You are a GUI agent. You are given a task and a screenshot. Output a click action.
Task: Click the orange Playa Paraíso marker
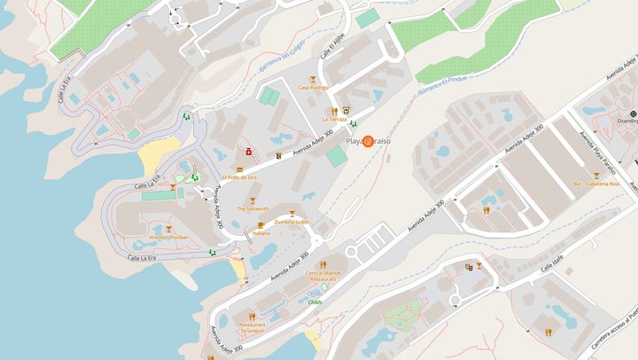point(369,141)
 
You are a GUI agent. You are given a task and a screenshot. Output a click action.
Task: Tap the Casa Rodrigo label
point(313,88)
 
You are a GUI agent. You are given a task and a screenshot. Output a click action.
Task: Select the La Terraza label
point(334,118)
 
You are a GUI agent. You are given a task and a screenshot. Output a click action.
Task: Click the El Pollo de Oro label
point(239,177)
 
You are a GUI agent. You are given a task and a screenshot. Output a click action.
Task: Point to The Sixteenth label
point(252,208)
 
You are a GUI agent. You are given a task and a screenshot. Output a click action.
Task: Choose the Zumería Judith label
point(292,222)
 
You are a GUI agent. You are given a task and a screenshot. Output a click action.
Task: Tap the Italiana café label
point(261,233)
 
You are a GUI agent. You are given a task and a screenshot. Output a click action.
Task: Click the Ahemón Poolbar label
point(168,238)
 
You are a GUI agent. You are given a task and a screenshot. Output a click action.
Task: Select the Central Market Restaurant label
point(322,275)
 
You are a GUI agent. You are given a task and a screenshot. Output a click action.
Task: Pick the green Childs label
point(315,301)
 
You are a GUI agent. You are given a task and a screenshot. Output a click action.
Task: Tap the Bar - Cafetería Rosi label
point(595,184)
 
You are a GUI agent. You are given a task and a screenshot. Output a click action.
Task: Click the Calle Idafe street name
point(552,262)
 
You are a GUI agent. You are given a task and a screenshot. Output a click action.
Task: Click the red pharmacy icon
point(249,152)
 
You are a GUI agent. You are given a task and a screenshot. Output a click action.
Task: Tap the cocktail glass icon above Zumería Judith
point(292,213)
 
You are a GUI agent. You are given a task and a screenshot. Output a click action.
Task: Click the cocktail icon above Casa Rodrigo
point(313,78)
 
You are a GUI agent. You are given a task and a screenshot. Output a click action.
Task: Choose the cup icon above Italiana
point(261,224)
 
